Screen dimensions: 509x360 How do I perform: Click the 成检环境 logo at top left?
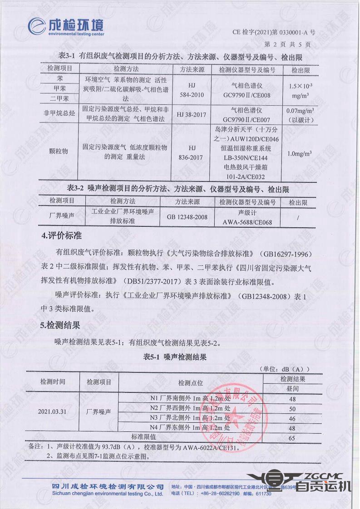pos(66,25)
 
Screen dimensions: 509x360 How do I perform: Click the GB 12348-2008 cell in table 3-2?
pos(187,217)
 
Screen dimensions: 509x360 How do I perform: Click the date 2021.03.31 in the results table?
pos(53,412)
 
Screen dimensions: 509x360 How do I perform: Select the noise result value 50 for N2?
pos(292,408)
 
